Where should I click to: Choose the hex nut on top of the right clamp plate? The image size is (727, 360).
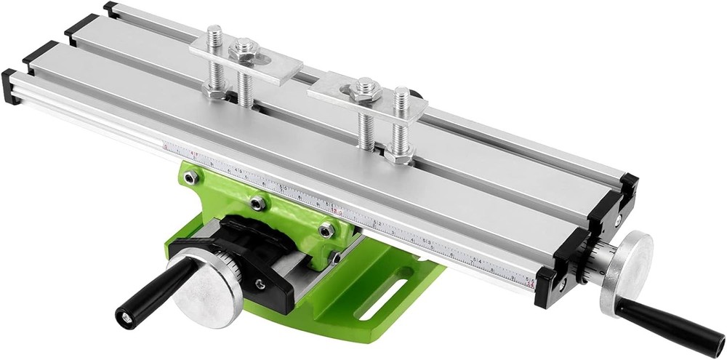tap(361, 91)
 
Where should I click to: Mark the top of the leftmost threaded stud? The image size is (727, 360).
tap(214, 31)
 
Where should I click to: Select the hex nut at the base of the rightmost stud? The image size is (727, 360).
tap(398, 153)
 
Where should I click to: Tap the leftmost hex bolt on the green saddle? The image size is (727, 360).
tap(190, 177)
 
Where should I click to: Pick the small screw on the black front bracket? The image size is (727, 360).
tap(260, 284)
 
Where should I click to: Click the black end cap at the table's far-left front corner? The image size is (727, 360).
tap(11, 85)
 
